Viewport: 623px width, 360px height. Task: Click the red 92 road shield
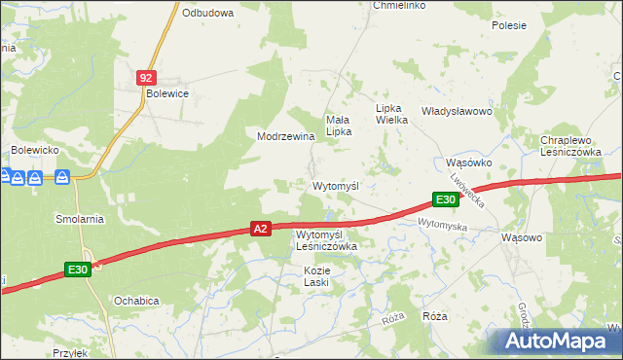(145, 77)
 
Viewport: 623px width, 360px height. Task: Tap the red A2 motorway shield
(259, 229)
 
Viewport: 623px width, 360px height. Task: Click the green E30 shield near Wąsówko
(445, 199)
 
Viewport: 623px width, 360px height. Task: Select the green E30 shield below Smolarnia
(79, 270)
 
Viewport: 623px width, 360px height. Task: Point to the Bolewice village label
(165, 93)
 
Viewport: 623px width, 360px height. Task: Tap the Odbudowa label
(207, 13)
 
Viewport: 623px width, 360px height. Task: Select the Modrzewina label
(285, 137)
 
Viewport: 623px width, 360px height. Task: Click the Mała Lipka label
(338, 125)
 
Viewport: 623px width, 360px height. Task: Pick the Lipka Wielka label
(395, 114)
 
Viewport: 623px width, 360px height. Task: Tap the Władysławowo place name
(457, 112)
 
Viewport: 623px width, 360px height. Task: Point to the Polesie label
(508, 25)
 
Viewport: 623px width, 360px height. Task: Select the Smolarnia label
(80, 219)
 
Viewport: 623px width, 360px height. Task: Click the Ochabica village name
(135, 301)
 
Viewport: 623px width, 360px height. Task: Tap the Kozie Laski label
(316, 275)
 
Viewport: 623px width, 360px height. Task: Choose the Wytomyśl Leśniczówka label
(326, 240)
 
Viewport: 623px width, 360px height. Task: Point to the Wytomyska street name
(443, 226)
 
